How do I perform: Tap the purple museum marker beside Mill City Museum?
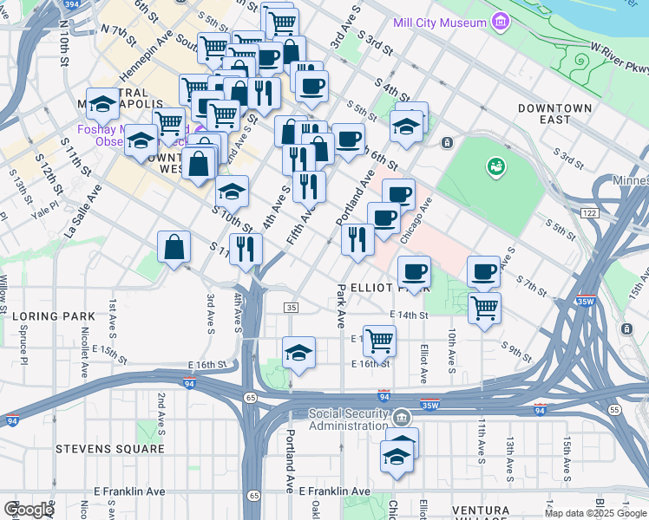499,21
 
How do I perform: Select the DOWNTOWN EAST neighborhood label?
555,114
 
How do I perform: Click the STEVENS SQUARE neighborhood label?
109,449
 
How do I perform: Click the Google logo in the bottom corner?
29,510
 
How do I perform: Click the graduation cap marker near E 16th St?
298,353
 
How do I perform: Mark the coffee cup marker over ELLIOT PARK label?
414,271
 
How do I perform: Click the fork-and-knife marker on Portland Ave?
357,238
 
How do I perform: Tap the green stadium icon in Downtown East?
495,165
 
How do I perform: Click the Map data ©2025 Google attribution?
595,513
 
